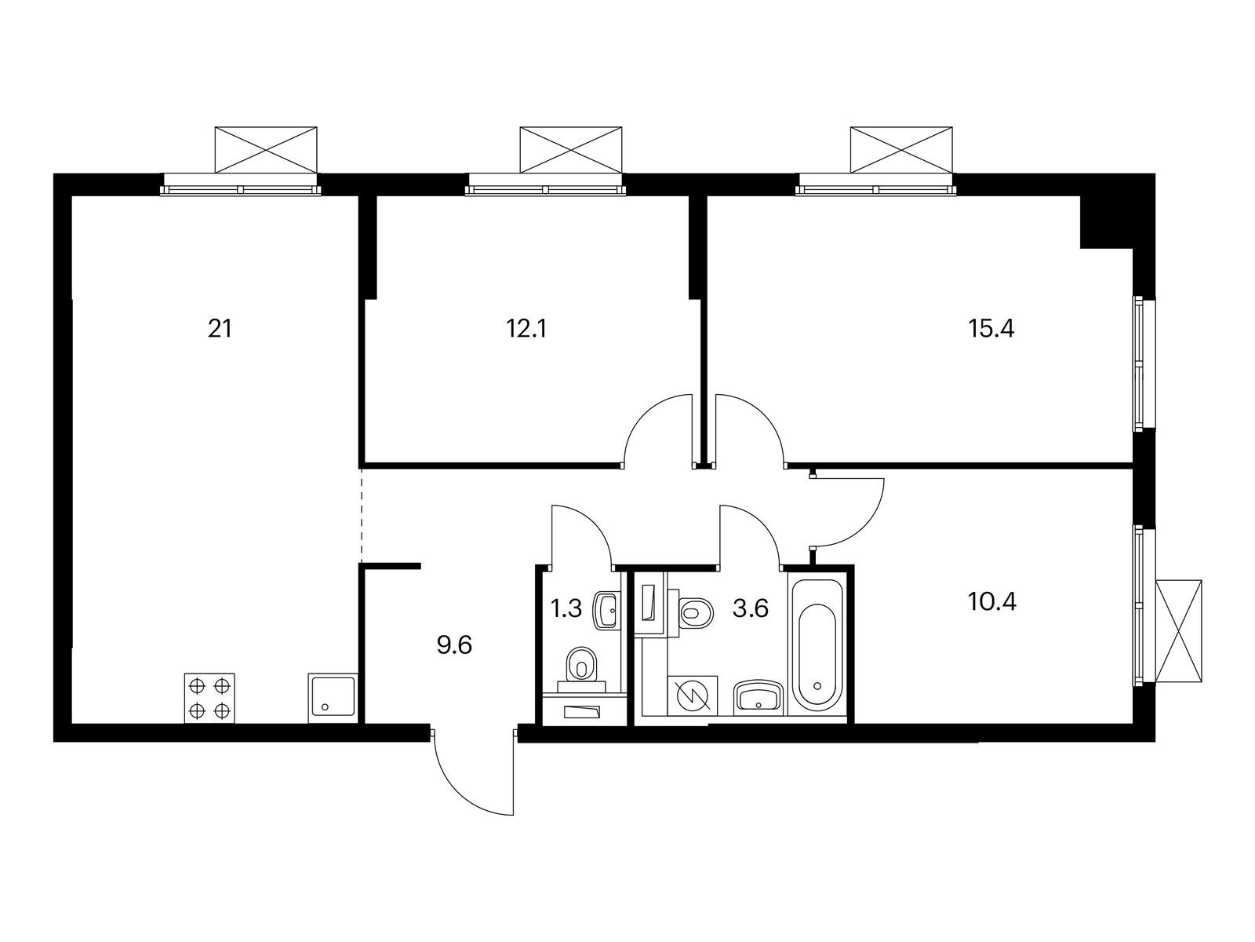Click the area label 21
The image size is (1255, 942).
coord(220,328)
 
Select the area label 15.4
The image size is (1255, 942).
coord(991,328)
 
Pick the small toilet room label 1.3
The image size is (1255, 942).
coord(566,608)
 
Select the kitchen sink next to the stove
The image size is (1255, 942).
coord(333,698)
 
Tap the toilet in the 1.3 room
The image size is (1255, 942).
coord(581,665)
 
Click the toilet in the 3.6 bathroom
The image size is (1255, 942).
coord(695,612)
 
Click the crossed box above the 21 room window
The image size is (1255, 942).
coord(267,147)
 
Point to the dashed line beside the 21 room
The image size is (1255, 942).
coord(361,514)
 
